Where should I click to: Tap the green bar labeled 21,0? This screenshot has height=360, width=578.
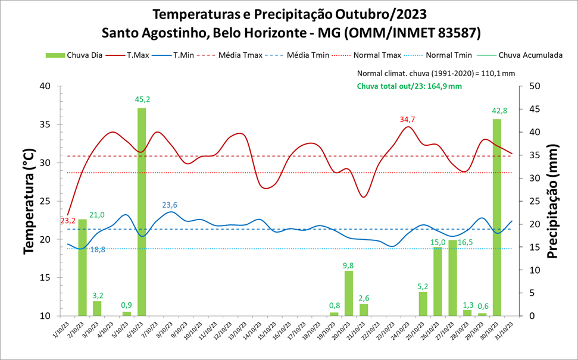[x=83, y=268]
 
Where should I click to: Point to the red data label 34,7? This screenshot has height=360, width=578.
[x=408, y=120]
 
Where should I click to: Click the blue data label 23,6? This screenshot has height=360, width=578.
[x=170, y=205]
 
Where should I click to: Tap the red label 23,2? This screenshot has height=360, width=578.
[x=68, y=221]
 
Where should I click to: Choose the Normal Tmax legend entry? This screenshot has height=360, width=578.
[x=377, y=55]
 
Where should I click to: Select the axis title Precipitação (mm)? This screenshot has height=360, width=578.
[x=552, y=201]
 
